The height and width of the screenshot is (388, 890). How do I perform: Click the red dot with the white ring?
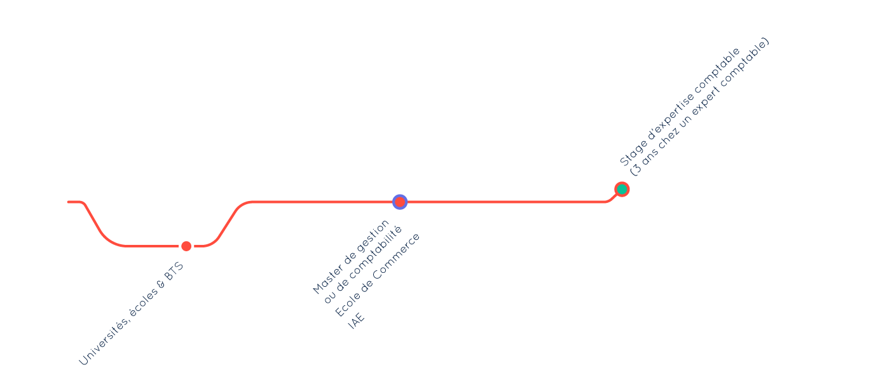186,246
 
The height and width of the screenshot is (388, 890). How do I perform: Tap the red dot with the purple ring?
400,202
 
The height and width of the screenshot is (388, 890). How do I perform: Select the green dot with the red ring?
622,190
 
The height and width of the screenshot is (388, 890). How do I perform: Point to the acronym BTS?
174,270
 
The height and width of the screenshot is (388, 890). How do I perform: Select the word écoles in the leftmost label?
142,302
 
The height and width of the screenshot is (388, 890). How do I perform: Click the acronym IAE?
356,321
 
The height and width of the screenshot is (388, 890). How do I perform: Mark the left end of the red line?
69,202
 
